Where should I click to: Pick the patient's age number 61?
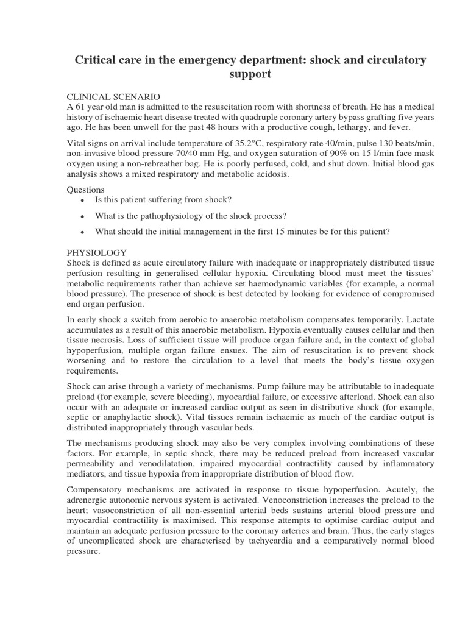tap(80, 107)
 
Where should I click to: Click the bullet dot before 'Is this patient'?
tap(82, 200)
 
